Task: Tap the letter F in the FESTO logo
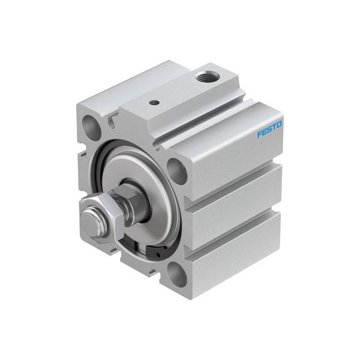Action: tap(260, 134)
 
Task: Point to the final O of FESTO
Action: tap(279, 125)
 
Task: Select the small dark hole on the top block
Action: tap(154, 103)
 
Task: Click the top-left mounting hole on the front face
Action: tap(92, 125)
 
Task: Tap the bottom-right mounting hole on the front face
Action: tap(177, 274)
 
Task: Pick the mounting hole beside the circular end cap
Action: tap(176, 171)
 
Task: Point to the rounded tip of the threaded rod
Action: tap(91, 222)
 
